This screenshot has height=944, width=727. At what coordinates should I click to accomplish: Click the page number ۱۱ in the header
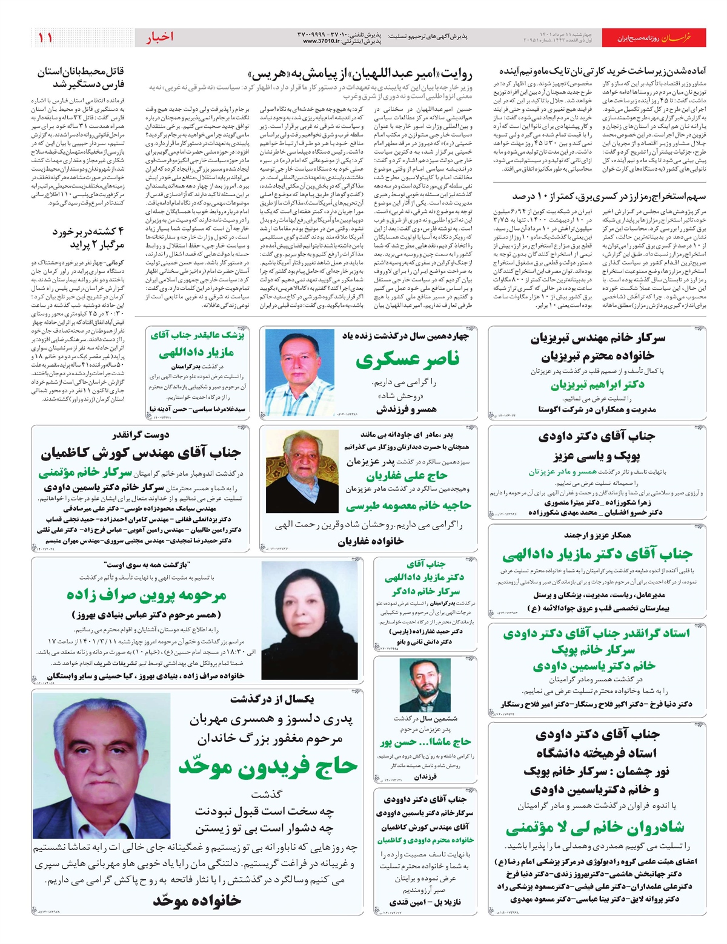tap(45, 38)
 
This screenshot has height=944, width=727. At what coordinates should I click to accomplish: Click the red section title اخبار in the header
tap(159, 38)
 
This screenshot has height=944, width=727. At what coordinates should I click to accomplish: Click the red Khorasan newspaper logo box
tap(683, 38)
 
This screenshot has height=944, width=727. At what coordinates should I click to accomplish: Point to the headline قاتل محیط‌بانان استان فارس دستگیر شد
tap(81, 78)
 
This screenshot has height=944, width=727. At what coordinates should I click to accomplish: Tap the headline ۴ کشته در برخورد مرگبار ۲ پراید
tap(88, 238)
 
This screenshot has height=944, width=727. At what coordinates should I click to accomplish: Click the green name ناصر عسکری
tap(407, 361)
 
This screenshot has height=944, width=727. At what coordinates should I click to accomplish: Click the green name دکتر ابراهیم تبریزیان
tap(597, 384)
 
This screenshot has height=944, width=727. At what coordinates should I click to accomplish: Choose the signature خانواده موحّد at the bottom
tap(197, 900)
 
